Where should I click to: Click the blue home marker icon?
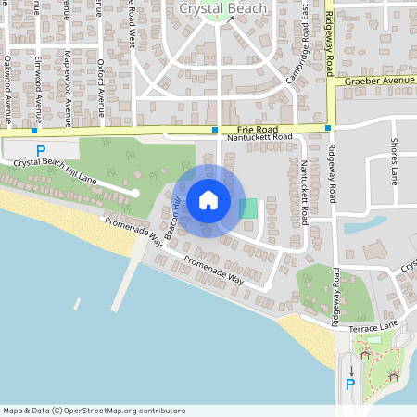(208, 200)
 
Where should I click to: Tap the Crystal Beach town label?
(222, 8)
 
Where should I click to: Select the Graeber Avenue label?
(379, 81)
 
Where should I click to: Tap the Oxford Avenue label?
(100, 79)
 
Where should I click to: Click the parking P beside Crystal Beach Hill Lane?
(39, 150)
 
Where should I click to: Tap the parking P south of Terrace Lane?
(350, 385)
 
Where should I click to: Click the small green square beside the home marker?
(248, 208)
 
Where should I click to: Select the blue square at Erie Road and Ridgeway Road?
(328, 128)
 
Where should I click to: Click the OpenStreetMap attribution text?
(94, 411)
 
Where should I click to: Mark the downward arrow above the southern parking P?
(351, 370)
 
